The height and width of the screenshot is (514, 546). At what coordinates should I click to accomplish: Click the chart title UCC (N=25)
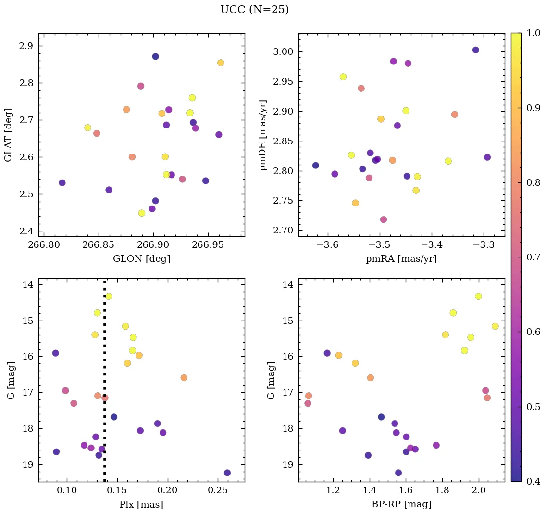[x=254, y=10]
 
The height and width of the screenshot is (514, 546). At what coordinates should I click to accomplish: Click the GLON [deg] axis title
[x=141, y=259]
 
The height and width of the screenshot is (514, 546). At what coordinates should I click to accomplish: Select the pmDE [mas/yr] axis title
[x=263, y=135]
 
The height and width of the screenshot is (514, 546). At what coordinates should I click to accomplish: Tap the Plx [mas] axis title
[x=141, y=504]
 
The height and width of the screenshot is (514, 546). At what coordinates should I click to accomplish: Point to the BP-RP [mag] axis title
[x=402, y=504]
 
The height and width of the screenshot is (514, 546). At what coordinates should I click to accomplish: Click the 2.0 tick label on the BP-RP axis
[x=479, y=491]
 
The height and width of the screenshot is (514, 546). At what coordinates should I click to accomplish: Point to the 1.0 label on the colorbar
[x=533, y=33]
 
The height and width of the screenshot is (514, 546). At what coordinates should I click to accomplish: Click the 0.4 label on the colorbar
[x=533, y=481]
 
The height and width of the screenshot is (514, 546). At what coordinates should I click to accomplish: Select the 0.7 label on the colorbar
[x=533, y=257]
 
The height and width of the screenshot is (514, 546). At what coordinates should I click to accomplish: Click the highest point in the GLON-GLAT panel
[x=155, y=56]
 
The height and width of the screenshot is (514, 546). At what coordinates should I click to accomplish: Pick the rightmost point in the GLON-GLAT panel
[x=221, y=63]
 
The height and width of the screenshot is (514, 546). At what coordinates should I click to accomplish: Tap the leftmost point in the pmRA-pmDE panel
[x=315, y=165]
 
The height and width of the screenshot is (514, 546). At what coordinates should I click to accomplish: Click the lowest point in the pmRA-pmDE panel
[x=383, y=219]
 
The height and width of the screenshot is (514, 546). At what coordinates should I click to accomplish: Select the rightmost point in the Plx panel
[x=227, y=473]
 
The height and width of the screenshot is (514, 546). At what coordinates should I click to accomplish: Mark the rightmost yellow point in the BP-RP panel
[x=495, y=326]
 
